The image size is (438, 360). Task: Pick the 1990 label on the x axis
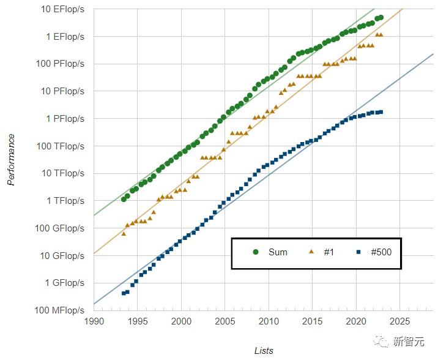tap(94, 321)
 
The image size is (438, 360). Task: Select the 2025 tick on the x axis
tap(400, 321)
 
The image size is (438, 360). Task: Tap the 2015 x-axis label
tap(313, 321)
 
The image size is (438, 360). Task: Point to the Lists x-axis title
tap(264, 351)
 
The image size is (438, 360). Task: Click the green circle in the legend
tap(255, 252)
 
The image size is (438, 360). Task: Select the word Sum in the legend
tap(278, 252)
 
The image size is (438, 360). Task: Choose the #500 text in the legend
tap(381, 252)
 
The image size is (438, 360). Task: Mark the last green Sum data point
tap(380, 17)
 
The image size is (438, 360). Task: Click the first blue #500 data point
tap(124, 293)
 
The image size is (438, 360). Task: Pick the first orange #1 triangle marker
tap(124, 233)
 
